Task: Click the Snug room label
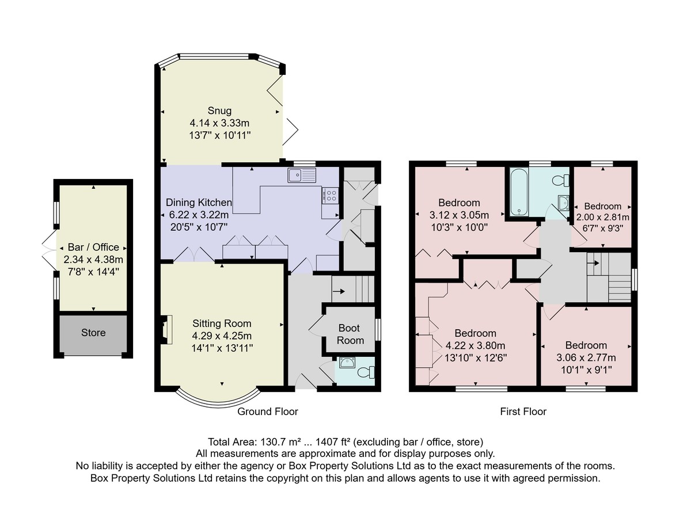click(x=219, y=111)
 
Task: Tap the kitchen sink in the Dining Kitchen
click(x=302, y=176)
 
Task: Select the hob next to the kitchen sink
click(x=330, y=196)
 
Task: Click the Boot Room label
click(x=350, y=334)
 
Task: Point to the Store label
click(x=93, y=333)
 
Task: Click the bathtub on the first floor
click(x=519, y=192)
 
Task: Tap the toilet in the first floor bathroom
click(x=560, y=180)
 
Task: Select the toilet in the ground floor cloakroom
click(x=366, y=372)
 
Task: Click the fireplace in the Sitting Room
click(x=167, y=330)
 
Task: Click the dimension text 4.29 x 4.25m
click(x=222, y=336)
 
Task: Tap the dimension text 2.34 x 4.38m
click(x=93, y=260)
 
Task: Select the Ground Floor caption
click(x=268, y=412)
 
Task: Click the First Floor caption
click(x=523, y=412)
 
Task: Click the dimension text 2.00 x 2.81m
click(x=602, y=217)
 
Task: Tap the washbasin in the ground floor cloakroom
click(x=347, y=363)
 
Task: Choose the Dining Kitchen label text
click(x=199, y=203)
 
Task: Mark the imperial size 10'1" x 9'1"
click(x=586, y=370)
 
